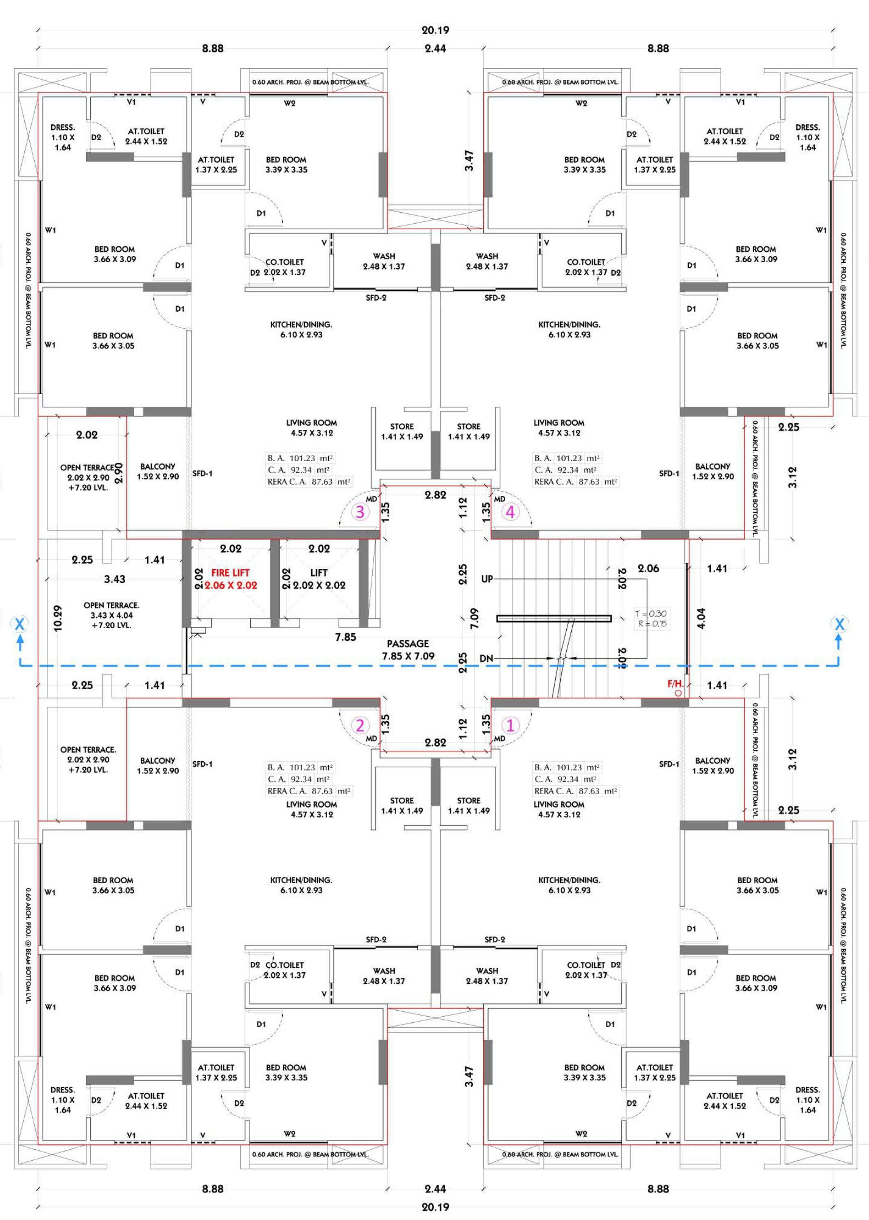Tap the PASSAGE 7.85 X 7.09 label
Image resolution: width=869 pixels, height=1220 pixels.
(x=408, y=650)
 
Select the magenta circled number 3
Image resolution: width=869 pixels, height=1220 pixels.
(x=360, y=512)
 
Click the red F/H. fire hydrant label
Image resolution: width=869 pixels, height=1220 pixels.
(x=675, y=684)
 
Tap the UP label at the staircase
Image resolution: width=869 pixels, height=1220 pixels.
(x=487, y=579)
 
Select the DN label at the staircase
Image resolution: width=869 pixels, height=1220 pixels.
(x=487, y=658)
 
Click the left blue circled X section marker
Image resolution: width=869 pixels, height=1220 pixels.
(x=20, y=624)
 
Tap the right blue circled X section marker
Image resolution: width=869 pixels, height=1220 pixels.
(x=839, y=624)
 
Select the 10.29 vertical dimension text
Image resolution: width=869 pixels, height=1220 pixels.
(x=58, y=618)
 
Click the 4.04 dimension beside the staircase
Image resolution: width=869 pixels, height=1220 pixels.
(x=701, y=618)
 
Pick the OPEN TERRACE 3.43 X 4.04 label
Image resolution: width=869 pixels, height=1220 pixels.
(x=111, y=615)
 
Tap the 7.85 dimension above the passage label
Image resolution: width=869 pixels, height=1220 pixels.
(x=346, y=637)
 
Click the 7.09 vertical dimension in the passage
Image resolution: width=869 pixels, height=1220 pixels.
(x=474, y=618)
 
